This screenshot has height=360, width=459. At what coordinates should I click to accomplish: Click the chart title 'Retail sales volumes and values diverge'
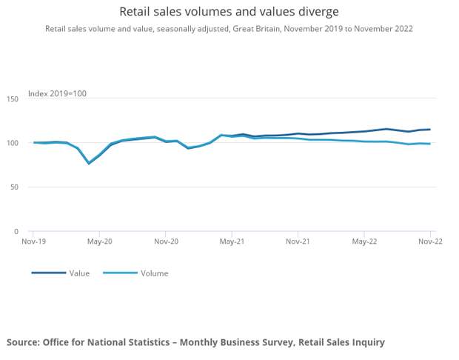click(229, 12)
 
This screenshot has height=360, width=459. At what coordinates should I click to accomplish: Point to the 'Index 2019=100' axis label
click(57, 93)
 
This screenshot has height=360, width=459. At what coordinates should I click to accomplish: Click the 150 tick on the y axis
click(13, 99)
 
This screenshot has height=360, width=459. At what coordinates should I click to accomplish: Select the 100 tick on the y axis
click(13, 143)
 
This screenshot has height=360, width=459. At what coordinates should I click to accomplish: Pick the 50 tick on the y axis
click(15, 187)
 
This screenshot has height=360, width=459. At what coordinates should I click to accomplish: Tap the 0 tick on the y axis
click(17, 232)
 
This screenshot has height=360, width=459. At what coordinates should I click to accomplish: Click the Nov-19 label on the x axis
click(33, 241)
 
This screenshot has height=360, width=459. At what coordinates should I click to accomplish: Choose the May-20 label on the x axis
click(100, 241)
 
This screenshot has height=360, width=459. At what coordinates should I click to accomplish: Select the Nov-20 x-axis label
click(166, 241)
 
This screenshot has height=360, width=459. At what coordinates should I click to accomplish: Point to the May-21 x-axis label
click(232, 241)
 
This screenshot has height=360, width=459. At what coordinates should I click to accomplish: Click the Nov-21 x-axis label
click(298, 241)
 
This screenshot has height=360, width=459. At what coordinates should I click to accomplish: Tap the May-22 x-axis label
click(364, 241)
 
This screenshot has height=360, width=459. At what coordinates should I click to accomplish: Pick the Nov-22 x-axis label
click(430, 241)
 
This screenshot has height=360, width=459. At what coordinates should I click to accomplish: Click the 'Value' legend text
click(79, 273)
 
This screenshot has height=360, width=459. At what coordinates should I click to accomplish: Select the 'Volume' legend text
click(154, 273)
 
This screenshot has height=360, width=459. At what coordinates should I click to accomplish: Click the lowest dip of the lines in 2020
click(89, 163)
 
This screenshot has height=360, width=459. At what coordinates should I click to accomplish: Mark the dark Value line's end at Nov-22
click(430, 130)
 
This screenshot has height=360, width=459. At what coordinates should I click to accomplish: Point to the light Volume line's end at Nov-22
click(430, 144)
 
